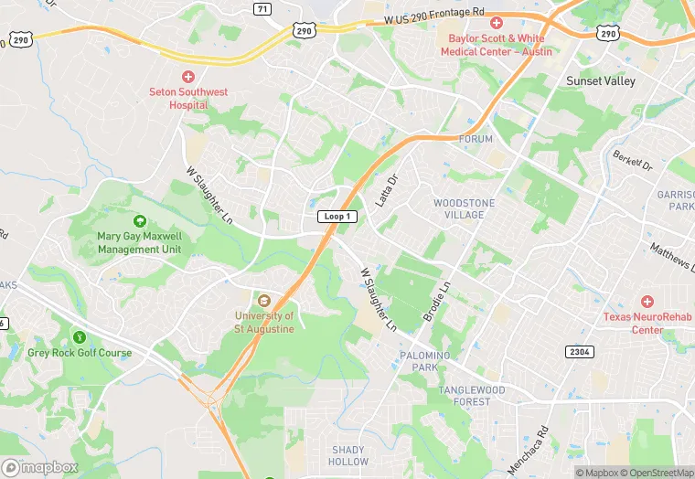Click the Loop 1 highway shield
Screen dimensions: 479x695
tap(337, 217)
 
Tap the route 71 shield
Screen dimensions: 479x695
tap(262, 8)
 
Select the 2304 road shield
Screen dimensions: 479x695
tap(579, 351)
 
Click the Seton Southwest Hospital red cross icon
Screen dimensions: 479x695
tap(188, 77)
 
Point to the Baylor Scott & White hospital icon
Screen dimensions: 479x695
tap(497, 23)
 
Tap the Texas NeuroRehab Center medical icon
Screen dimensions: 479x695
tap(647, 302)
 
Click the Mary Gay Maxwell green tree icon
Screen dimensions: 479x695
tap(140, 221)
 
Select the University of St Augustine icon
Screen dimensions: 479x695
tap(264, 301)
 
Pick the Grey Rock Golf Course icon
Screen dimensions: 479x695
tap(80, 337)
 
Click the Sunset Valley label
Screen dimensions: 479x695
tap(596, 80)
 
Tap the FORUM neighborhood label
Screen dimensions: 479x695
tap(476, 139)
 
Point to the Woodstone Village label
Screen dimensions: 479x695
tap(457, 208)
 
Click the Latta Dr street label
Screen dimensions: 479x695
tap(389, 190)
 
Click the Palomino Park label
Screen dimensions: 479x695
tap(425, 361)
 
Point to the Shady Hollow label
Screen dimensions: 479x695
tap(348, 455)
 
